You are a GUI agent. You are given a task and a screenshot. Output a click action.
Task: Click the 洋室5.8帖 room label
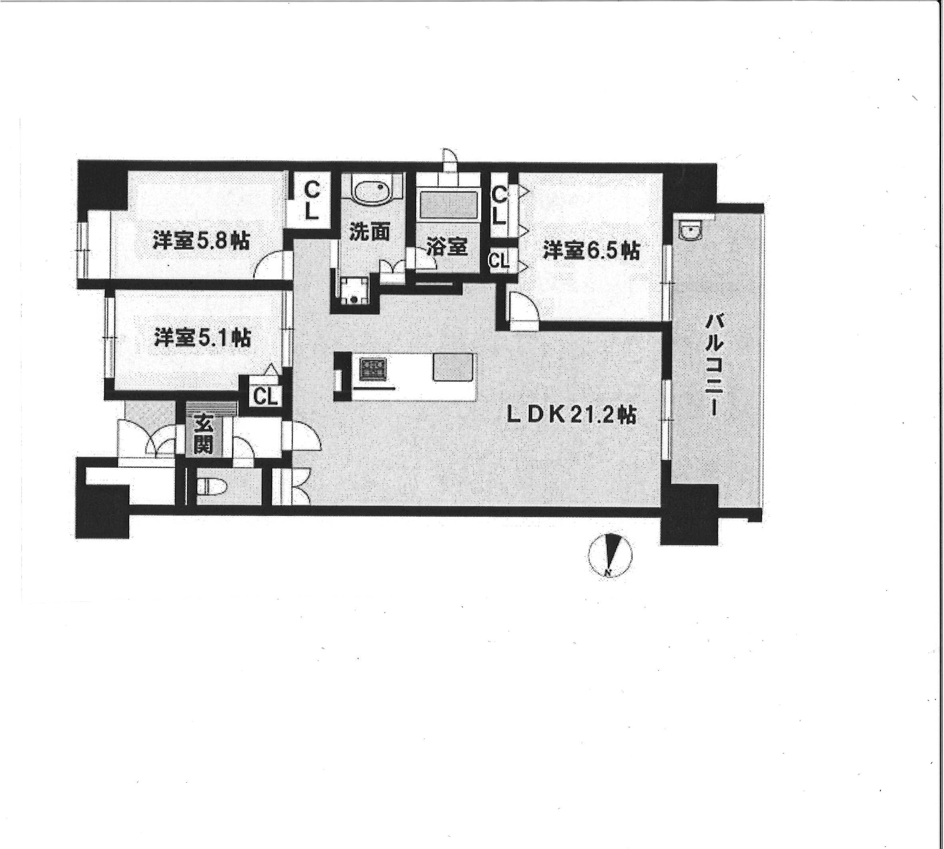click(x=201, y=242)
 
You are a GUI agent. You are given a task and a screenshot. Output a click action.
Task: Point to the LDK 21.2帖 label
click(x=572, y=415)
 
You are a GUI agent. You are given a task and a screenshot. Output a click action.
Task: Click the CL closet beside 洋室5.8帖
click(x=311, y=201)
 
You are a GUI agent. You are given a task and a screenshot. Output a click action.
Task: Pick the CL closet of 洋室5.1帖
click(x=265, y=396)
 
